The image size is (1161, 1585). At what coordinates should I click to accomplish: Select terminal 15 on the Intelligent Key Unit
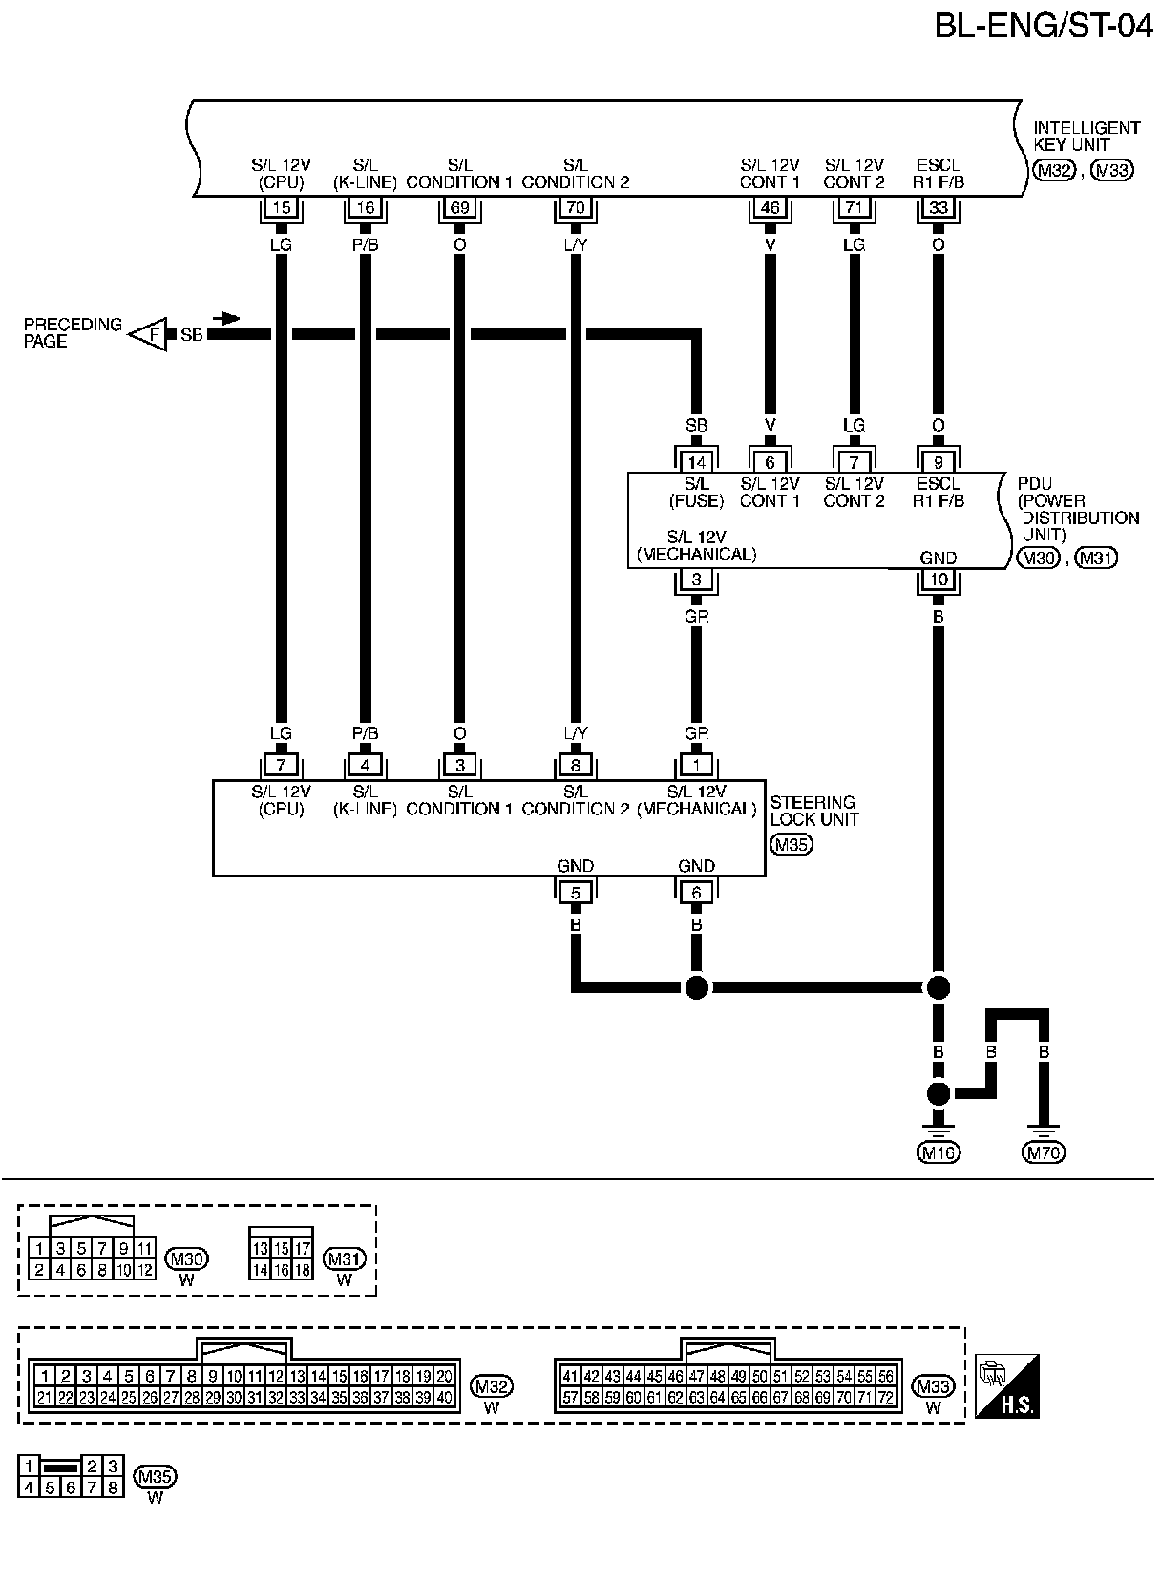point(281,208)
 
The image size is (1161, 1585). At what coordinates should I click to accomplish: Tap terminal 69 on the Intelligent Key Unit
point(459,208)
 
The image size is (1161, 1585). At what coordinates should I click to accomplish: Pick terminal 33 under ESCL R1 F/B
point(938,208)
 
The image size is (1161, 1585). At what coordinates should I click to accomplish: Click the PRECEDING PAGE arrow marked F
point(149,334)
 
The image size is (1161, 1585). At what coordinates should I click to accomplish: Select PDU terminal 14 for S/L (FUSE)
point(696,462)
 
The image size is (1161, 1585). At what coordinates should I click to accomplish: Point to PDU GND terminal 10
point(938,580)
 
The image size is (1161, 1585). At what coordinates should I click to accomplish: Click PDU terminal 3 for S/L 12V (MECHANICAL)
point(696,580)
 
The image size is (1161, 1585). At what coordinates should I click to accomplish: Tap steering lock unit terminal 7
point(281,766)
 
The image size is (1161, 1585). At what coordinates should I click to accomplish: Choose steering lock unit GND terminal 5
point(575,893)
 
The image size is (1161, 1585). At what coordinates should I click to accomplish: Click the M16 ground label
point(938,1152)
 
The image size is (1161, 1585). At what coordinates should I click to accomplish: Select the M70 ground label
point(1043,1152)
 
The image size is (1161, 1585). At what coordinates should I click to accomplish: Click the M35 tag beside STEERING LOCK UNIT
point(791,844)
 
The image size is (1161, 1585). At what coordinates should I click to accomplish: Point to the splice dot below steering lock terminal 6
point(696,987)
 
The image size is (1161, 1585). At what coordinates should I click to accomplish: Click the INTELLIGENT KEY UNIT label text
point(1086,136)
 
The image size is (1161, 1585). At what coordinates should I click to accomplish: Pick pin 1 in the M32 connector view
point(43,1376)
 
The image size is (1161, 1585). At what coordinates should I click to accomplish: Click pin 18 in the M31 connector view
point(302,1270)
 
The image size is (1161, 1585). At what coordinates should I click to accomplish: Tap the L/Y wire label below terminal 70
point(575,244)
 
